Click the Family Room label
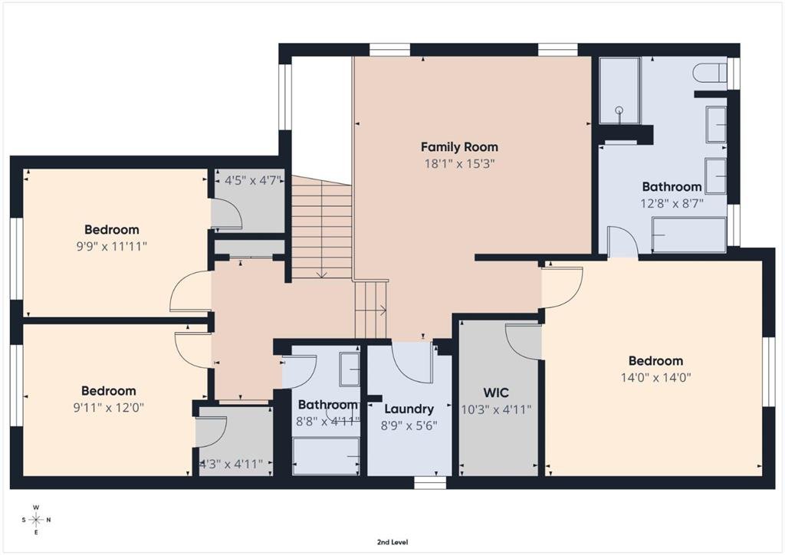[459, 147]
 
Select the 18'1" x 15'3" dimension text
[460, 163]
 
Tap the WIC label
[496, 392]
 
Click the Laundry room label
[409, 409]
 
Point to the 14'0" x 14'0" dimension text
[656, 377]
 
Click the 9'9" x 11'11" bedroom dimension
[112, 246]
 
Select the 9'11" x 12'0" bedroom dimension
[109, 407]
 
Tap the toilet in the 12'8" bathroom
[710, 73]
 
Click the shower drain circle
[619, 110]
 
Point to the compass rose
[36, 520]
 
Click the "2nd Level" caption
[392, 542]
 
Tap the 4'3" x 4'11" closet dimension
[232, 465]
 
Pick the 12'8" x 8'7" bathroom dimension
[672, 204]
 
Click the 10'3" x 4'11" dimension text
[496, 410]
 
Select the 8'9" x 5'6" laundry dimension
[409, 426]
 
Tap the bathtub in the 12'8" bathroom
[689, 235]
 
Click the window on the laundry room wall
[430, 482]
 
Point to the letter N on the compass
[48, 520]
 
